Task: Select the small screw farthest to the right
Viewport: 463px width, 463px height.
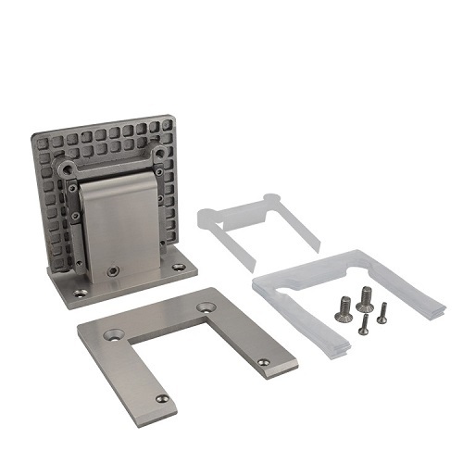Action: [382, 314]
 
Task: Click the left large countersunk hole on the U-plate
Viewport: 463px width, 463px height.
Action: [114, 331]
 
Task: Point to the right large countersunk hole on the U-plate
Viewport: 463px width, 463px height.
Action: [206, 307]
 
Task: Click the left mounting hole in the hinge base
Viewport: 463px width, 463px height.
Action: [81, 293]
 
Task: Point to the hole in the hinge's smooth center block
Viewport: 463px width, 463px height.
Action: [113, 272]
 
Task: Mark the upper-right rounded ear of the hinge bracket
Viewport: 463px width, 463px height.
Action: [158, 151]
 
